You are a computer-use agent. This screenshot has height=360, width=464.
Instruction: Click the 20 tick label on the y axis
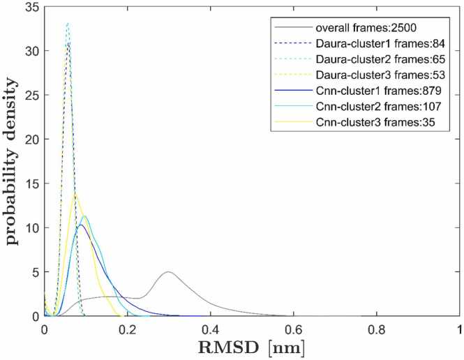click(33, 142)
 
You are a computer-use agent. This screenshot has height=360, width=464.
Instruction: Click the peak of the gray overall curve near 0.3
click(168, 272)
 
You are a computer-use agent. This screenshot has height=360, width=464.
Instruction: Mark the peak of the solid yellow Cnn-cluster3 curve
click(55, 195)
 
